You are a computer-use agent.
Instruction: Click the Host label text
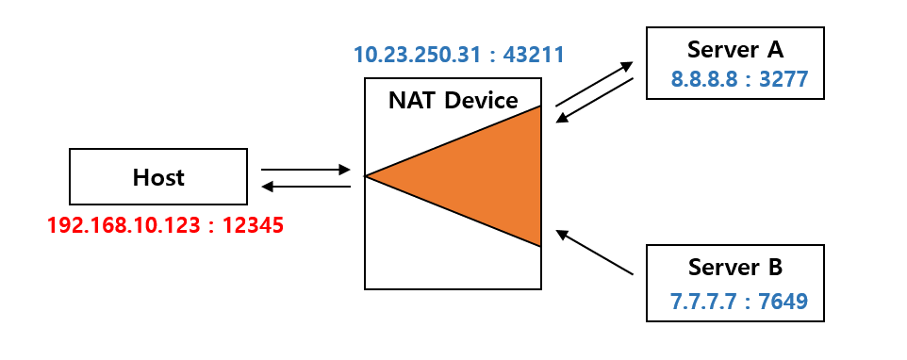[x=158, y=177]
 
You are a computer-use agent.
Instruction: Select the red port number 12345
[x=253, y=226]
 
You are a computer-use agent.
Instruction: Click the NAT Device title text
[x=453, y=100]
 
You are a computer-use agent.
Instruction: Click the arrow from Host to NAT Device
[x=305, y=171]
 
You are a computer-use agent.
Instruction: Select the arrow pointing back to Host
[x=305, y=186]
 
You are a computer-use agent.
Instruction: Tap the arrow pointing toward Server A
[x=594, y=84]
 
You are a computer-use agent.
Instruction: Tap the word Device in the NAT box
[x=485, y=100]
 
